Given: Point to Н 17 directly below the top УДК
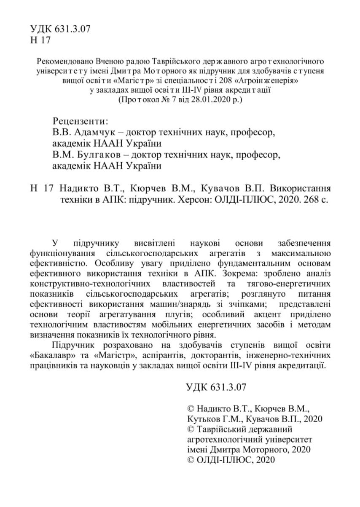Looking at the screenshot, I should (x=40, y=40).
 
